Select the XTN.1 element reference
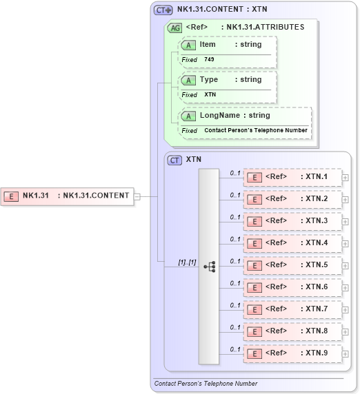(292, 177)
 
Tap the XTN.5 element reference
(292, 265)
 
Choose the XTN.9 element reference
(292, 353)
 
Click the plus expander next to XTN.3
(346, 222)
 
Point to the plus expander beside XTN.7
(346, 310)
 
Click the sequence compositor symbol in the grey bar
(209, 265)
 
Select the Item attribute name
(208, 45)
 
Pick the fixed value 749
(209, 60)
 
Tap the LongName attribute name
(219, 116)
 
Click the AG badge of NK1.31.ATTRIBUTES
(175, 28)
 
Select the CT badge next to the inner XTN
(175, 160)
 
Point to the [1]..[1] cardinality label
(187, 262)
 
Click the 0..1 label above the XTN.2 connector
(235, 195)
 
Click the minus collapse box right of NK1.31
(138, 196)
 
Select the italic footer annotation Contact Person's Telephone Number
(206, 384)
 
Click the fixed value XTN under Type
(210, 94)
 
